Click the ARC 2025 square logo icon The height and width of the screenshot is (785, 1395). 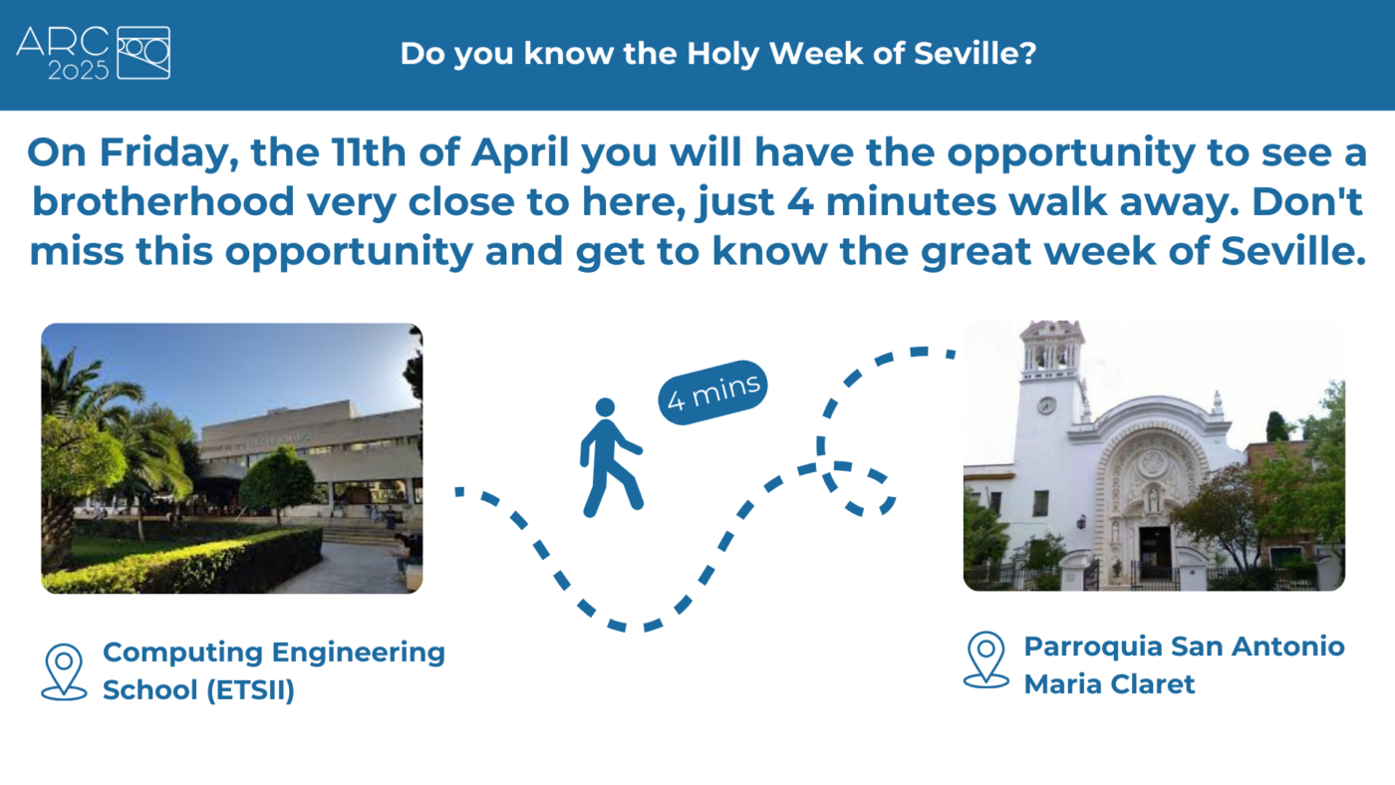click(x=143, y=53)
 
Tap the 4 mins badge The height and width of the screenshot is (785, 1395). click(x=712, y=392)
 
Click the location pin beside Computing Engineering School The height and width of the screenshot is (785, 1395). click(x=64, y=671)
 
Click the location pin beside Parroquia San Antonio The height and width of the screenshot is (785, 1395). click(x=985, y=659)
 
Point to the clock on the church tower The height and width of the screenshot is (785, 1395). click(x=1046, y=405)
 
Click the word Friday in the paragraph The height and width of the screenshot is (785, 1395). click(x=168, y=153)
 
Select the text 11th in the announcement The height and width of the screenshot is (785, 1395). click(x=369, y=151)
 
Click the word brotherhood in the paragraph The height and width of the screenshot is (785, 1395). click(x=163, y=201)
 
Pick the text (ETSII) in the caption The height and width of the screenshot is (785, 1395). click(x=250, y=689)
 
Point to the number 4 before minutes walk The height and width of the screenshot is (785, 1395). click(x=800, y=201)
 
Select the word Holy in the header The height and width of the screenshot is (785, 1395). click(x=723, y=54)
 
